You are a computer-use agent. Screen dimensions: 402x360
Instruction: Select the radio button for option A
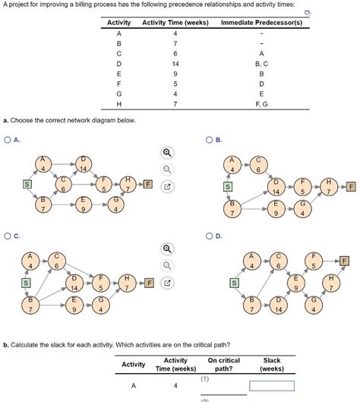click(8, 140)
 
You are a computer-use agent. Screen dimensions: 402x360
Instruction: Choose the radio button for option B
click(210, 140)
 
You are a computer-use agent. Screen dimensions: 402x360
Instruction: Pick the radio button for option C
click(8, 236)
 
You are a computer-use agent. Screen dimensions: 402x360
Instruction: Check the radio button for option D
click(210, 236)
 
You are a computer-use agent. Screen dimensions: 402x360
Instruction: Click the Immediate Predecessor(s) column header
click(261, 23)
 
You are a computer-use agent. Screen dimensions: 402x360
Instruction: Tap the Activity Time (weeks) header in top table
click(175, 23)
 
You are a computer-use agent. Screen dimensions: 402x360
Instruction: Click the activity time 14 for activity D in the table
click(175, 65)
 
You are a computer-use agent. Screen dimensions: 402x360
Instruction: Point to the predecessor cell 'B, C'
click(261, 65)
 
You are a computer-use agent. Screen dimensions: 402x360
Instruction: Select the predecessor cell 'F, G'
click(261, 103)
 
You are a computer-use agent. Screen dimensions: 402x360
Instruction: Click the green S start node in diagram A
click(28, 184)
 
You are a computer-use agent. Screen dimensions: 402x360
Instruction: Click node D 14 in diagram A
click(83, 163)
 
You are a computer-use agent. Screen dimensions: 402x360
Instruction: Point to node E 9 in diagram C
click(74, 306)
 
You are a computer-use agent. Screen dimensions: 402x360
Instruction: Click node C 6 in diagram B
click(259, 164)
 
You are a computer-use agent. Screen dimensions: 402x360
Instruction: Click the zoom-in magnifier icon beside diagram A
click(168, 154)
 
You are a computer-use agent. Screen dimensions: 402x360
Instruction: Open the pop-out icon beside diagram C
click(168, 283)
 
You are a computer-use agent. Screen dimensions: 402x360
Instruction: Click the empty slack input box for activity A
click(271, 386)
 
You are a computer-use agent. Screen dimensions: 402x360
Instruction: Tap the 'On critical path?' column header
click(223, 364)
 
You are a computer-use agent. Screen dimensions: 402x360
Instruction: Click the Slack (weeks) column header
click(271, 364)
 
